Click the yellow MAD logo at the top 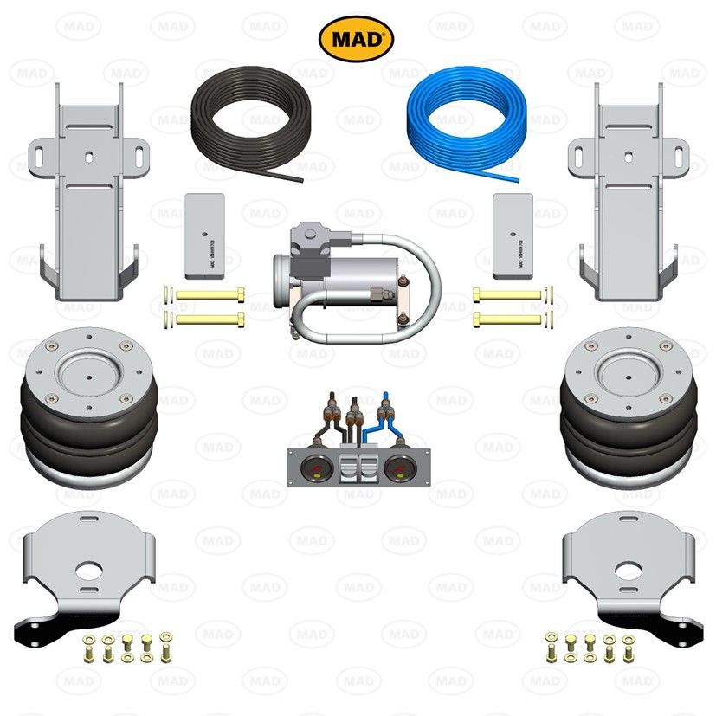(x=357, y=39)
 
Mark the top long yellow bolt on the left (x=208, y=295)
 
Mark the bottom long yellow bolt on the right (x=511, y=319)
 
